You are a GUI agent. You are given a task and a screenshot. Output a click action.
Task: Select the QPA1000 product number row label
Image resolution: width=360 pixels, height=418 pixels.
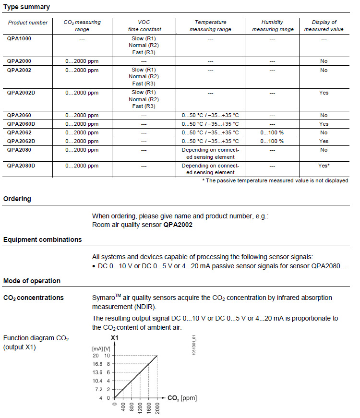pyautogui.click(x=20, y=38)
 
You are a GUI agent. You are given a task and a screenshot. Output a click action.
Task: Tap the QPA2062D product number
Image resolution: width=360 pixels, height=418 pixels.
pyautogui.click(x=22, y=141)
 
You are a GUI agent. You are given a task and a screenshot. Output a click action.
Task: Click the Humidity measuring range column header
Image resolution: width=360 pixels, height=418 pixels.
pyautogui.click(x=272, y=25)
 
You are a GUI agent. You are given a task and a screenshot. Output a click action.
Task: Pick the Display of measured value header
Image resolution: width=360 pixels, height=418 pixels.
pyautogui.click(x=324, y=25)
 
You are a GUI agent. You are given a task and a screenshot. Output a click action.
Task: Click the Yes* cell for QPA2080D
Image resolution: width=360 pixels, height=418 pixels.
pyautogui.click(x=324, y=166)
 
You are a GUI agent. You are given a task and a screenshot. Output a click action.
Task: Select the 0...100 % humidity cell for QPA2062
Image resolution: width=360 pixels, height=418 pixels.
pyautogui.click(x=272, y=132)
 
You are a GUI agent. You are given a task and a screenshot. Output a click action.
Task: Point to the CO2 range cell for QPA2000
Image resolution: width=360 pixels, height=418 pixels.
pyautogui.click(x=82, y=61)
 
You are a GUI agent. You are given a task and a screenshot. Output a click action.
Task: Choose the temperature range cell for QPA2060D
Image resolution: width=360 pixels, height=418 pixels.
pyautogui.click(x=210, y=124)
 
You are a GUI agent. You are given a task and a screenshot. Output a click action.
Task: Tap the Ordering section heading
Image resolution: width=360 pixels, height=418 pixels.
pyautogui.click(x=17, y=199)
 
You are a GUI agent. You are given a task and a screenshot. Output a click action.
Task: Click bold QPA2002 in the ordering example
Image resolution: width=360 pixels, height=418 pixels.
pyautogui.click(x=178, y=225)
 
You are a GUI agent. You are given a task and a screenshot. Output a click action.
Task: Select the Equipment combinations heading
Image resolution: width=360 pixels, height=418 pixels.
pyautogui.click(x=42, y=239)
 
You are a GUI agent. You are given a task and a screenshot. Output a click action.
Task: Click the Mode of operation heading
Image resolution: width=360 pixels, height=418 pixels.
pyautogui.click(x=32, y=281)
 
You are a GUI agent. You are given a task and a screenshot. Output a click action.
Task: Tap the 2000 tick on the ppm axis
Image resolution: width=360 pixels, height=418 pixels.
pyautogui.click(x=157, y=407)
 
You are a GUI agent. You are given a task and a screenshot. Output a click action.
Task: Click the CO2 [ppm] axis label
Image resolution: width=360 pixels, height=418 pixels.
pyautogui.click(x=182, y=398)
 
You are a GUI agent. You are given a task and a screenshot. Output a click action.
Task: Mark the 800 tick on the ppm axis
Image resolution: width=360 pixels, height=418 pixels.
pyautogui.click(x=131, y=406)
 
